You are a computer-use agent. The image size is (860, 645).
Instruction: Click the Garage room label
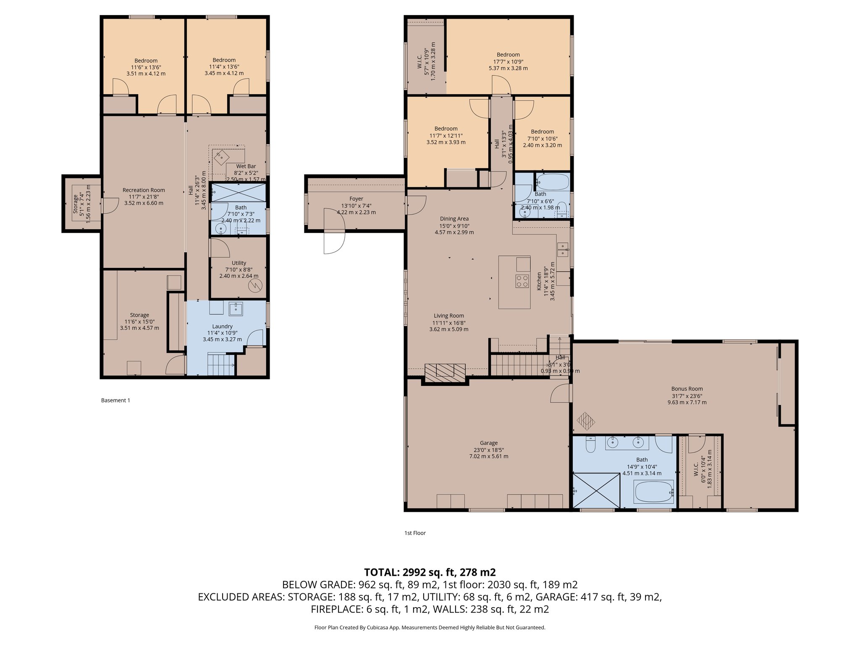point(488,443)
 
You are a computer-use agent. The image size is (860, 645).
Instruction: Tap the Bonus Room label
point(687,389)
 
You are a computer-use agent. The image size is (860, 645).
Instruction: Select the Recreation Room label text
point(144,190)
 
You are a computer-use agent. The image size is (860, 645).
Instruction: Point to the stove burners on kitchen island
point(522,281)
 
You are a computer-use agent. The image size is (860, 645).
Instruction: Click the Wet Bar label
point(246,166)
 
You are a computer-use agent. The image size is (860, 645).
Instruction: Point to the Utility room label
point(239,263)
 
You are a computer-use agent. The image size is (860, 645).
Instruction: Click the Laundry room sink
point(236,309)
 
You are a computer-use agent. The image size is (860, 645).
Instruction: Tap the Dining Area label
point(454,219)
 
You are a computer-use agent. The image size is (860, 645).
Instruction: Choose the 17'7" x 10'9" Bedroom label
point(508,55)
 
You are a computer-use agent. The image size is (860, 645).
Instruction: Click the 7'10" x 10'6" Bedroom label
point(542,131)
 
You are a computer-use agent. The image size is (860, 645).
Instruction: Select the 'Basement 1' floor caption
point(115,400)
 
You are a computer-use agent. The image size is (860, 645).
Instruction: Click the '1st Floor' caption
point(415,533)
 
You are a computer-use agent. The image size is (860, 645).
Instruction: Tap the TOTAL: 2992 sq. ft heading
point(430,572)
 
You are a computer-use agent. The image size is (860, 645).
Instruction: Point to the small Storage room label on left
point(76,204)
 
